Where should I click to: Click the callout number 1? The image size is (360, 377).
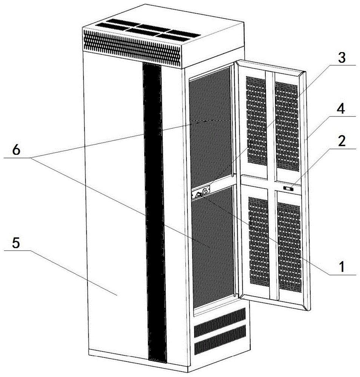pyautogui.click(x=341, y=267)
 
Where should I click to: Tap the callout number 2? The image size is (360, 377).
pyautogui.click(x=341, y=141)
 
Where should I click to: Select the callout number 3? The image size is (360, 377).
pyautogui.click(x=341, y=58)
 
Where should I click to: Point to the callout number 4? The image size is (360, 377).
pyautogui.click(x=341, y=109)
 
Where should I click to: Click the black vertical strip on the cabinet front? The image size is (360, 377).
pyautogui.click(x=154, y=211)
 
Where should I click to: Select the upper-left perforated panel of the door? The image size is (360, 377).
pyautogui.click(x=256, y=121)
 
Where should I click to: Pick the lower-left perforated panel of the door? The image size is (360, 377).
pyautogui.click(x=258, y=241)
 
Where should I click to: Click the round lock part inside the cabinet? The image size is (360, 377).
pyautogui.click(x=206, y=192)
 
